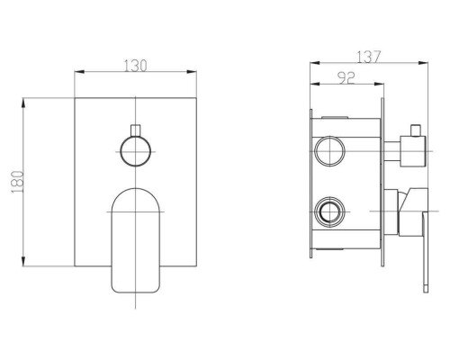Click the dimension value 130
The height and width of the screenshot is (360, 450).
tap(136, 66)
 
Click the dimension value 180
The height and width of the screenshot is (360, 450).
tap(17, 182)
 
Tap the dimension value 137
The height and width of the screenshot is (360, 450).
tap(369, 57)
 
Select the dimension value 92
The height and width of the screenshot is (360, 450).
tap(346, 78)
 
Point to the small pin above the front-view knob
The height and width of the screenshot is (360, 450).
tap(136, 130)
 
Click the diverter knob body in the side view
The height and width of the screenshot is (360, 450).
tap(413, 151)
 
